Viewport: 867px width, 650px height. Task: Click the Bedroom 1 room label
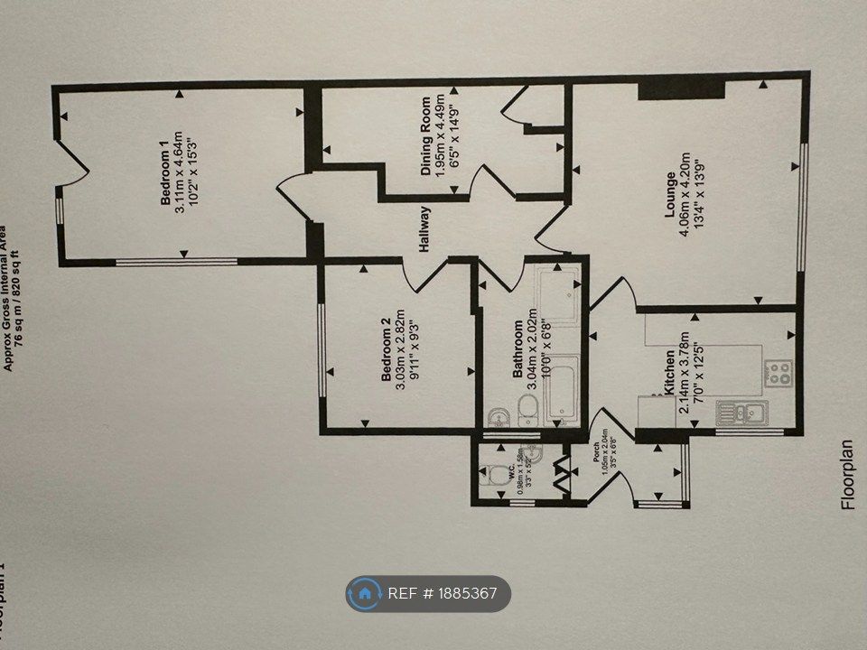pyautogui.click(x=165, y=180)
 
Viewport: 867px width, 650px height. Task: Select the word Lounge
pyautogui.click(x=670, y=195)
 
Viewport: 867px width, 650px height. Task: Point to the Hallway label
pyautogui.click(x=424, y=230)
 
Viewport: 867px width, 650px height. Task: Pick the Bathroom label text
pyautogui.click(x=517, y=349)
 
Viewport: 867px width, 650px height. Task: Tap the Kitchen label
pyautogui.click(x=669, y=371)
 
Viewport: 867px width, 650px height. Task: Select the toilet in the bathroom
pyautogui.click(x=528, y=408)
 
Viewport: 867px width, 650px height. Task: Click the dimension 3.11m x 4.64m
pyautogui.click(x=180, y=180)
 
